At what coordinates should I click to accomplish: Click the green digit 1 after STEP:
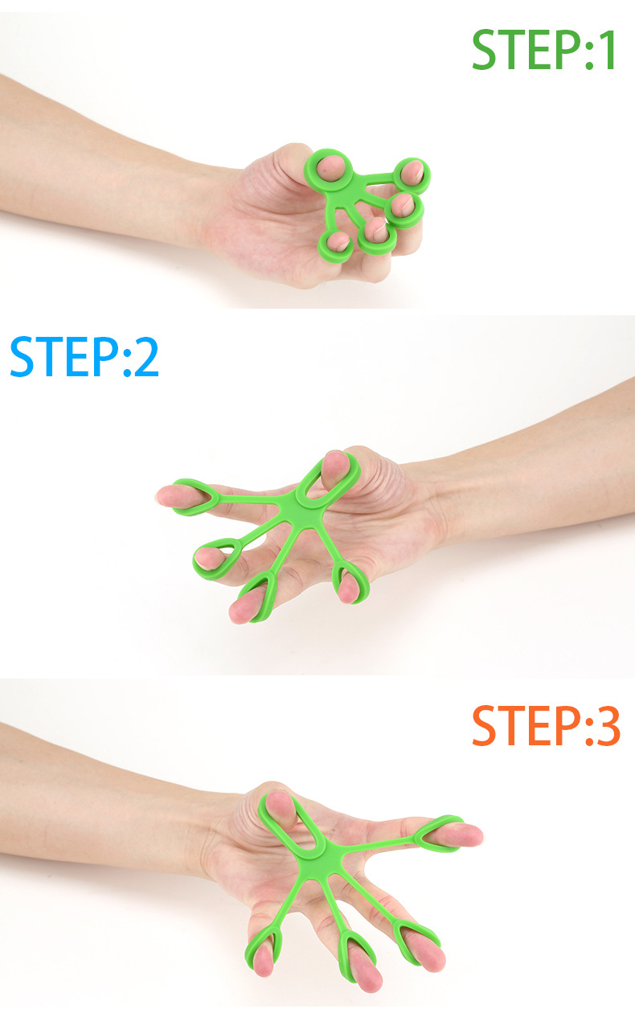[606, 50]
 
